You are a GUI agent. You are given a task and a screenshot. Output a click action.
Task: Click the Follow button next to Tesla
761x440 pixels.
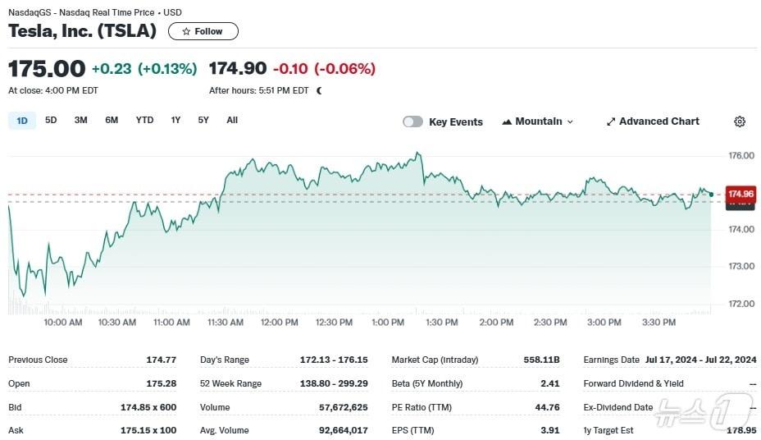[x=203, y=31]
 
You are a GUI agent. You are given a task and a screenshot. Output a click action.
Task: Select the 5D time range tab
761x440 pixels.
[x=51, y=121]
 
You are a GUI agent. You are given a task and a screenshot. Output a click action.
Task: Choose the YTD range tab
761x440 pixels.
[x=144, y=121]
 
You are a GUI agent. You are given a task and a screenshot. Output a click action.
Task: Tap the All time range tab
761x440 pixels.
[x=232, y=121]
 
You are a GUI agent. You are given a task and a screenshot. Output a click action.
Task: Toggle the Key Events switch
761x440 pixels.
[x=412, y=121]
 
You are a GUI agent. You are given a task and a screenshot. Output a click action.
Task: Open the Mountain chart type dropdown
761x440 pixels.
[x=537, y=121]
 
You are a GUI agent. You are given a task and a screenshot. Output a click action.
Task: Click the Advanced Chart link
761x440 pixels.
[x=653, y=121]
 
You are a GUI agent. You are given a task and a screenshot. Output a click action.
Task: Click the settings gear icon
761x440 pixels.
[x=740, y=121]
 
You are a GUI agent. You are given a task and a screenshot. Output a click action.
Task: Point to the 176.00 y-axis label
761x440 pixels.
[x=741, y=155]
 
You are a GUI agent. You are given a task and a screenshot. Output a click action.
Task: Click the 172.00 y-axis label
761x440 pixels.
[x=741, y=304]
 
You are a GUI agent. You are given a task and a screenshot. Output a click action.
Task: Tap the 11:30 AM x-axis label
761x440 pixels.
[x=226, y=323]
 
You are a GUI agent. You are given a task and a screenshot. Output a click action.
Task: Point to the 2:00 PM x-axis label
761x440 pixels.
[x=496, y=323]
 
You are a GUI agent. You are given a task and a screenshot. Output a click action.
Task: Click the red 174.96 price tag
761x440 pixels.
[x=740, y=194]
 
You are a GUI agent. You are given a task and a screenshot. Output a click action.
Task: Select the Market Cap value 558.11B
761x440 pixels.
[x=541, y=360]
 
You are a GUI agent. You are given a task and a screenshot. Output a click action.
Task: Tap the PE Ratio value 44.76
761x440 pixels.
[x=546, y=407]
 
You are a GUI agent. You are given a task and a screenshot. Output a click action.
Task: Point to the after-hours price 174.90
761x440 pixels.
[x=237, y=68]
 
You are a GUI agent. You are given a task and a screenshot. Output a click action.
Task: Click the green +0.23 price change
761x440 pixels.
[x=112, y=69]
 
